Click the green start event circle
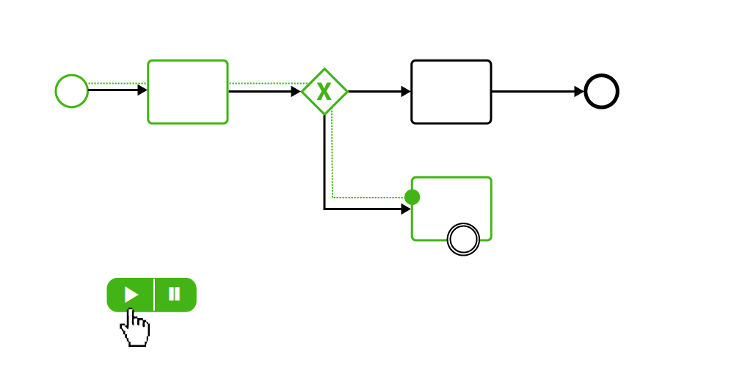click(72, 91)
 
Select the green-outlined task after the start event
click(188, 92)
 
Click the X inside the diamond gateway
click(324, 92)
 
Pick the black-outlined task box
click(451, 92)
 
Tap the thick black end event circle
click(601, 91)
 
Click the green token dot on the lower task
click(412, 197)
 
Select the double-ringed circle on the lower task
click(463, 240)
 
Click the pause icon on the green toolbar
click(174, 295)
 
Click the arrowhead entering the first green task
click(142, 90)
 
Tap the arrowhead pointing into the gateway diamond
click(296, 92)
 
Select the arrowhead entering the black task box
click(406, 92)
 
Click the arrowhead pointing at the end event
click(579, 92)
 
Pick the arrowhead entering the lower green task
click(406, 209)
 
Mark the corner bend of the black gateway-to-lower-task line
click(324, 209)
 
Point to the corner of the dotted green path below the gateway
click(333, 197)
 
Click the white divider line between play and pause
click(154, 295)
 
